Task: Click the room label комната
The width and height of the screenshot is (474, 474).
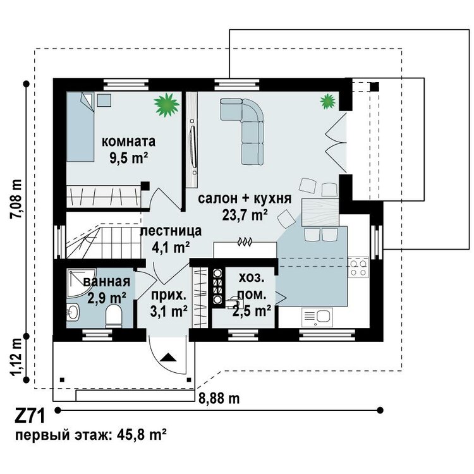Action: pos(128,142)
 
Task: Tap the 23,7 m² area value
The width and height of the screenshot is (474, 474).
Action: pos(245,215)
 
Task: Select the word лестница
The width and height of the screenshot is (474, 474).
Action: pos(171,231)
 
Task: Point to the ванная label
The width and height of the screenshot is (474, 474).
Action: pos(107,282)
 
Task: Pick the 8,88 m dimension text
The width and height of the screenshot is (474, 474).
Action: pos(219,398)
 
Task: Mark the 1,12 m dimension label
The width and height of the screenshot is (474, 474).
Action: pos(16,357)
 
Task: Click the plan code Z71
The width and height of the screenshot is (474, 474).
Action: pos(30,416)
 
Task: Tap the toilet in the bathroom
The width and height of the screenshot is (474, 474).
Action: pos(114,316)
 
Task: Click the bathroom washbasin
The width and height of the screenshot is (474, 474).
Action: pos(73,312)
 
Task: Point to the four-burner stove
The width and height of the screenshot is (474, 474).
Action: pos(358,267)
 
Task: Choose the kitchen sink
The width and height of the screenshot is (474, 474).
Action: pos(317,317)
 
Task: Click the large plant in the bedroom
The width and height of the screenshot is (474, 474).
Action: pos(166,104)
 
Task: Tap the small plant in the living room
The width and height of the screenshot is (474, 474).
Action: pos(328,101)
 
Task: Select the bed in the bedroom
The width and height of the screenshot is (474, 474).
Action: pos(80,126)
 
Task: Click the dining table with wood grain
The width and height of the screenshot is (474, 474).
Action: pos(320,212)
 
